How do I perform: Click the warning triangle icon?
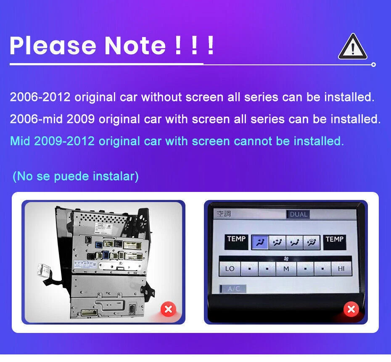[x=352, y=48]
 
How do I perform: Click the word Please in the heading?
[x=53, y=45]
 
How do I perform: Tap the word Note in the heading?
[x=135, y=45]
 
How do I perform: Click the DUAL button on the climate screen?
[x=299, y=214]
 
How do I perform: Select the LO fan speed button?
[x=230, y=269]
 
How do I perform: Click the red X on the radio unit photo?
[x=168, y=310]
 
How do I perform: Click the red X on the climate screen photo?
[x=351, y=310]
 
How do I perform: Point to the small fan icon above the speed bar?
[x=287, y=257]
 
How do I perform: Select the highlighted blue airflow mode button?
[x=260, y=242]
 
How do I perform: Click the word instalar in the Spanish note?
[x=115, y=176]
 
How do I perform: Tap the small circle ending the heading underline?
[x=373, y=64]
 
